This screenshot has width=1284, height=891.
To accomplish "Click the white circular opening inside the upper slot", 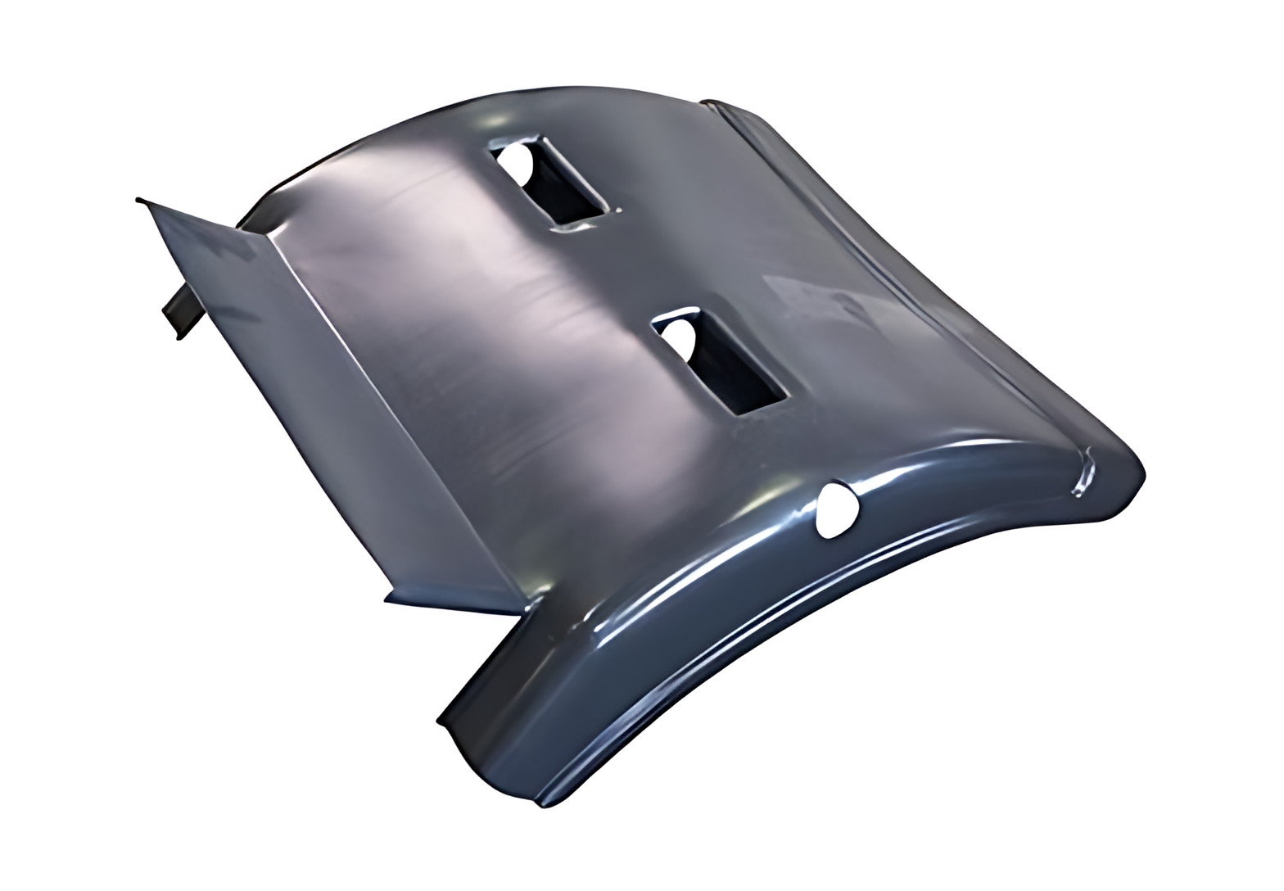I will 514,163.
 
